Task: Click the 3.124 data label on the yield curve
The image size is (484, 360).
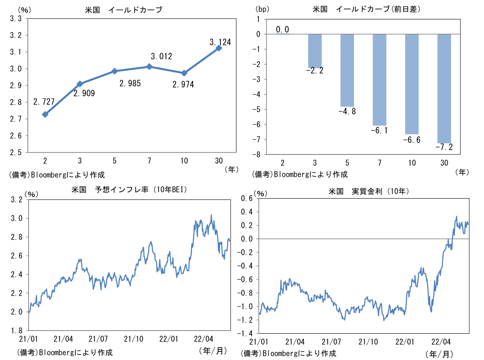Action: [220, 42]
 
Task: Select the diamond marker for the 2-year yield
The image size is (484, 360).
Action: [45, 114]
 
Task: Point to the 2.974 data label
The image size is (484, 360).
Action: [184, 84]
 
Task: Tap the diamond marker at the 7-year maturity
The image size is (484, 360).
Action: [149, 67]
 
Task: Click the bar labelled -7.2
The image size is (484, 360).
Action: [444, 89]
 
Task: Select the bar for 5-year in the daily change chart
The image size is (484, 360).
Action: [347, 70]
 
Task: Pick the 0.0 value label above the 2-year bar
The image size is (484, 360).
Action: [282, 29]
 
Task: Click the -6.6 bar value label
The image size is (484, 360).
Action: [412, 140]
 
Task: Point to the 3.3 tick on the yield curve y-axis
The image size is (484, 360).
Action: [16, 19]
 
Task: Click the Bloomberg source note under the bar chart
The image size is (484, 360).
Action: [299, 174]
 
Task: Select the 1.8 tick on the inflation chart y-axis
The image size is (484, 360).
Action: [16, 330]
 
